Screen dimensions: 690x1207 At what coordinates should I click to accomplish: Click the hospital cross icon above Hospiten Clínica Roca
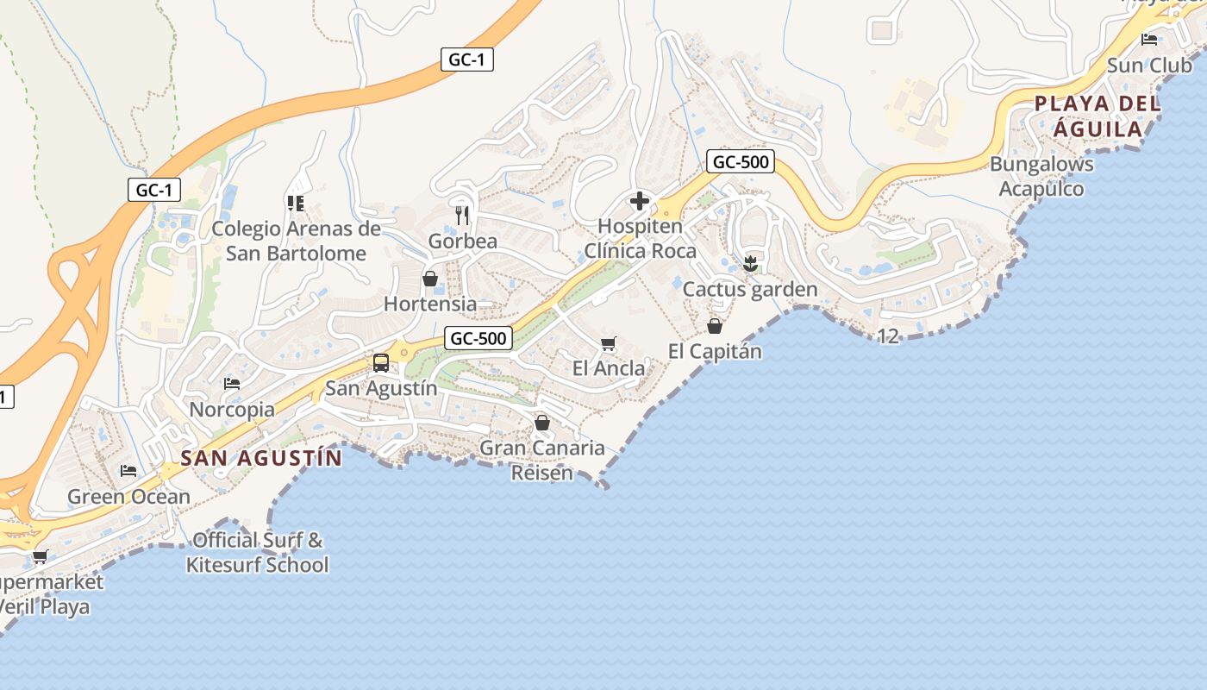[x=639, y=202]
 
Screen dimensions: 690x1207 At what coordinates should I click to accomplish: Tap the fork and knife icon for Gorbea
[x=463, y=215]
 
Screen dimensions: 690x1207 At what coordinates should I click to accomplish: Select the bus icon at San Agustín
[x=381, y=363]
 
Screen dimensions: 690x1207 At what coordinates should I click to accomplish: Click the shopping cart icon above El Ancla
[x=608, y=344]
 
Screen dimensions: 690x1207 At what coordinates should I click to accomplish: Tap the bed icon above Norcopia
[x=231, y=384]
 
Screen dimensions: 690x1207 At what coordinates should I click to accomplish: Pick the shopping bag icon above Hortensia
[x=430, y=279]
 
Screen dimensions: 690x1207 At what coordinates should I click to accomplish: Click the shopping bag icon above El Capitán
[x=715, y=326]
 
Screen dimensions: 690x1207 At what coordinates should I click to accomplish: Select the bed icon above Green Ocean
[x=128, y=471]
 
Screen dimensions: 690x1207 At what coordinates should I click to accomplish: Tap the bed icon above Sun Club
[x=1148, y=40]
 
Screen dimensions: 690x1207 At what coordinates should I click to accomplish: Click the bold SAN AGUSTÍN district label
[x=261, y=457]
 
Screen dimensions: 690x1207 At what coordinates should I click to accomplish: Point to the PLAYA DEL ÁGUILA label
[x=1098, y=116]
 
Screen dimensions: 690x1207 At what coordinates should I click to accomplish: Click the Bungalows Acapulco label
[x=1041, y=176]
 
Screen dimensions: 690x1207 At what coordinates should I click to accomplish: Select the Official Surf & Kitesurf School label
[x=258, y=553]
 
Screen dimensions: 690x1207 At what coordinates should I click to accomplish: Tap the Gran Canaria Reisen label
[x=542, y=460]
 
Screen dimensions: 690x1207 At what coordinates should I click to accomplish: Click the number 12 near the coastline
[x=888, y=336]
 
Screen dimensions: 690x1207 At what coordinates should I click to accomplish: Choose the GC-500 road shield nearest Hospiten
[x=740, y=161]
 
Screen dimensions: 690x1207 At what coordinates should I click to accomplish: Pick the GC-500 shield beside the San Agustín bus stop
[x=478, y=338]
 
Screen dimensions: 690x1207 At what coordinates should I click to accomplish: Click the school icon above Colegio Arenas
[x=296, y=204]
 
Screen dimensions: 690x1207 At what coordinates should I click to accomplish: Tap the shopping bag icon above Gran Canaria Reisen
[x=542, y=423]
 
